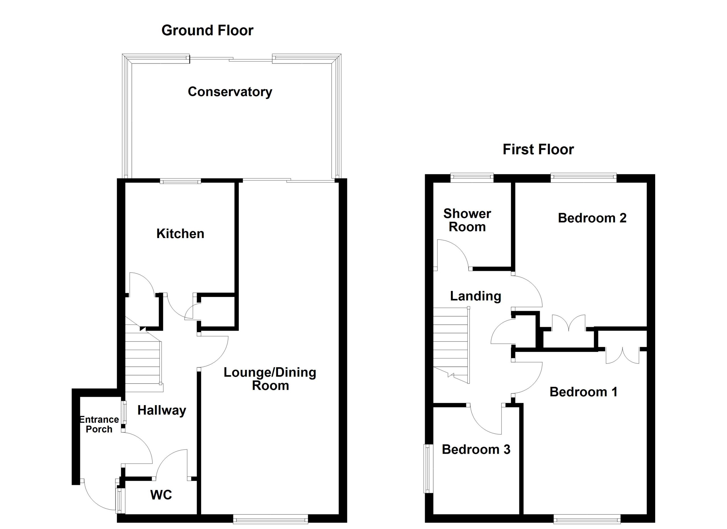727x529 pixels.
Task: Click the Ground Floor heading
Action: [x=207, y=30]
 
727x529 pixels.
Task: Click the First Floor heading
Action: [x=538, y=149]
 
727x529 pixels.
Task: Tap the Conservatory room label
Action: [x=230, y=92]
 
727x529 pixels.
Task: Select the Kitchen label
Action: [x=180, y=234]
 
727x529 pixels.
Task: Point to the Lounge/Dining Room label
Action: [x=270, y=379]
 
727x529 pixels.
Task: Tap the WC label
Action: [x=161, y=495]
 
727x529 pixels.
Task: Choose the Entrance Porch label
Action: [x=99, y=424]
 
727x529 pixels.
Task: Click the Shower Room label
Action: [x=467, y=220]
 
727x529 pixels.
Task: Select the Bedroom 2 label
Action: [x=592, y=218]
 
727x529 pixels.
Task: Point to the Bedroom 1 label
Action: [x=583, y=392]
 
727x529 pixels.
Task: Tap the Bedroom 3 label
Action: [x=476, y=449]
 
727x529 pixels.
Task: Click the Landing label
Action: [x=475, y=296]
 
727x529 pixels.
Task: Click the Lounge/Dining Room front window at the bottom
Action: [x=271, y=519]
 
